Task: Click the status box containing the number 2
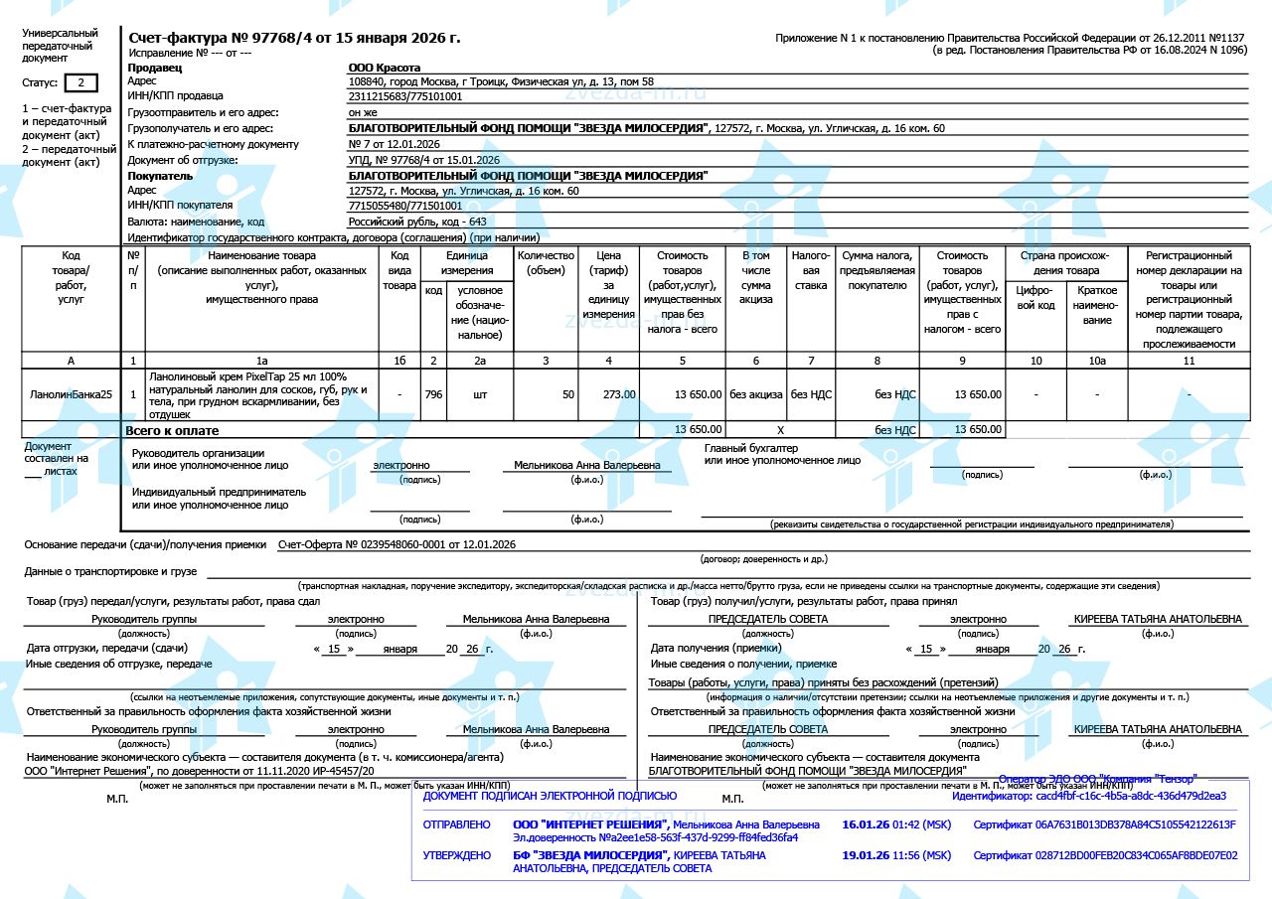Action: [81, 82]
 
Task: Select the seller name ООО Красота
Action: [384, 68]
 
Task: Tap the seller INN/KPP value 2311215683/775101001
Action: [405, 96]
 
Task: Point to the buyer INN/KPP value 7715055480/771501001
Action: [405, 206]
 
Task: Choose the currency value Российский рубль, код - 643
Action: [417, 222]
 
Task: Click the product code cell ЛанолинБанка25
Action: [71, 394]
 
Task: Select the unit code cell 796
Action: [433, 394]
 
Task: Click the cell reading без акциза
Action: [756, 394]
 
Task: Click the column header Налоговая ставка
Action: [811, 270]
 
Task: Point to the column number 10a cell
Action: [1097, 361]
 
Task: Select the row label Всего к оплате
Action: [172, 431]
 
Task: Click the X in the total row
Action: [780, 430]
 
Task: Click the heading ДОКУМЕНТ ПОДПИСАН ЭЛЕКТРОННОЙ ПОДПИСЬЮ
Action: [550, 796]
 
